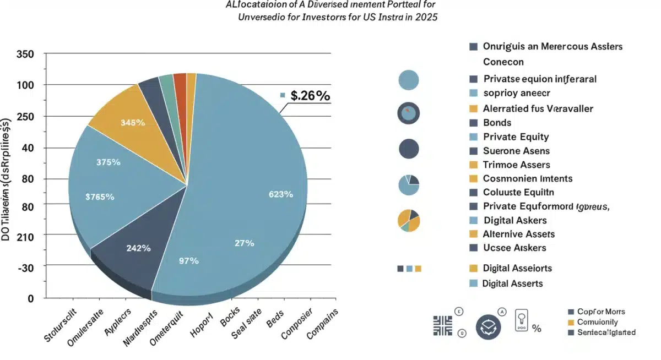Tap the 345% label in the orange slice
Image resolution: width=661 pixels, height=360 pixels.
132,123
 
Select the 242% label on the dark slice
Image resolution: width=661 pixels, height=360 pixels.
138,248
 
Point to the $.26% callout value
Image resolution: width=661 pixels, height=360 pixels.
310,95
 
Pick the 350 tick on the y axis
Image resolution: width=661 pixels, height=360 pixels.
25,54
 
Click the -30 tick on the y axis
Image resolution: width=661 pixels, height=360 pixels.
25,266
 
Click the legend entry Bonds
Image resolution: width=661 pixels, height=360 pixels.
497,123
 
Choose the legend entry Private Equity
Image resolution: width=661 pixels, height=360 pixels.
516,137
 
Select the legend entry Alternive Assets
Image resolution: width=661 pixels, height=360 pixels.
518,234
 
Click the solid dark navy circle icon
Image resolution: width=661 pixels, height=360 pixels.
409,149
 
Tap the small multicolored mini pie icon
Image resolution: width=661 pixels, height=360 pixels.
409,220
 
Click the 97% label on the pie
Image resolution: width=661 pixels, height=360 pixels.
189,261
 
